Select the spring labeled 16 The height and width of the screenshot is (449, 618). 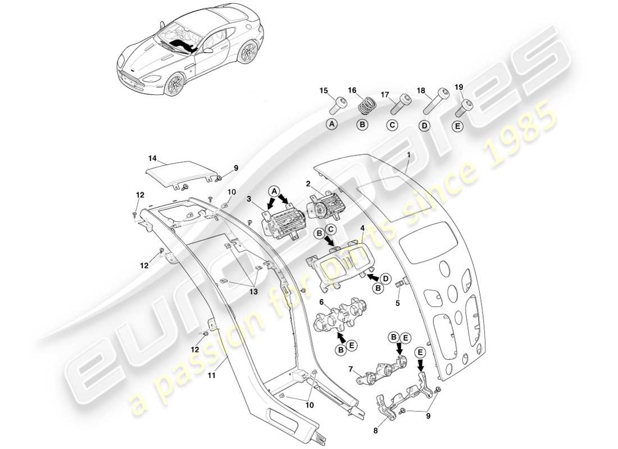pyautogui.click(x=367, y=105)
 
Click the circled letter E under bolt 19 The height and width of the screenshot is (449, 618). pyautogui.click(x=457, y=126)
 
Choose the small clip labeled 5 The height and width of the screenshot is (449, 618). pyautogui.click(x=401, y=284)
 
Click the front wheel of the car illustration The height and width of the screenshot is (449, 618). pyautogui.click(x=175, y=86)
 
